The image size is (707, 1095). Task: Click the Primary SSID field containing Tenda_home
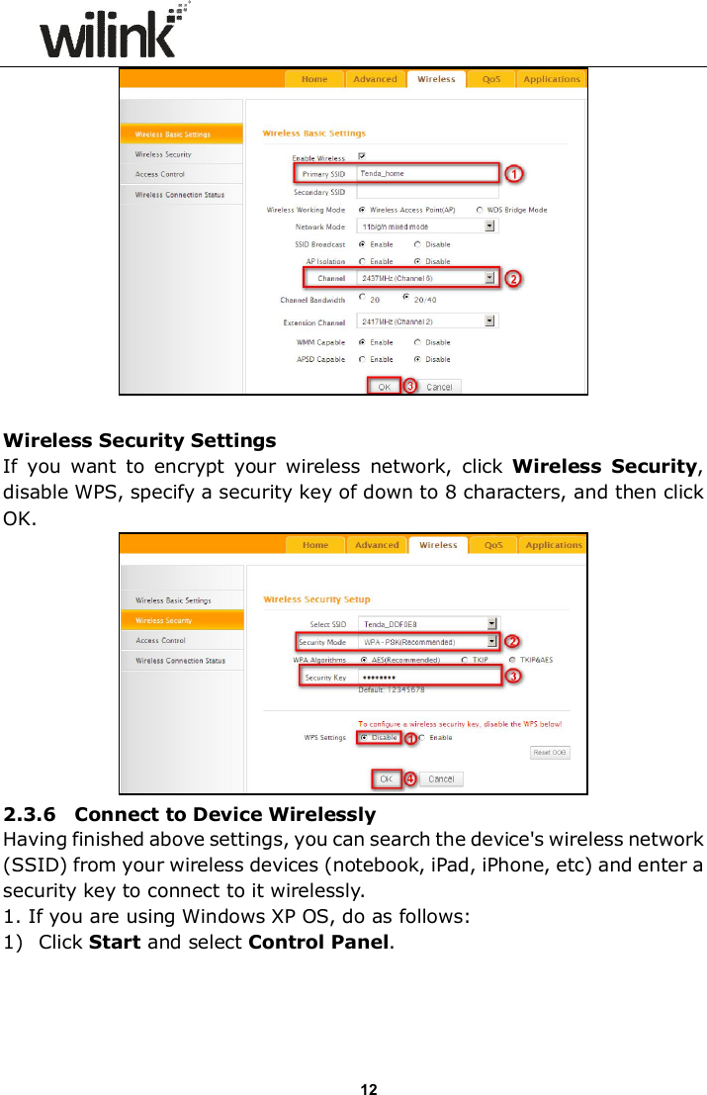click(x=426, y=174)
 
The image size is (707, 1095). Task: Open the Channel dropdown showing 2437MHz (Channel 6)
click(x=426, y=279)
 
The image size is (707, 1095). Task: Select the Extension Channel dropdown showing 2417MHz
click(x=426, y=321)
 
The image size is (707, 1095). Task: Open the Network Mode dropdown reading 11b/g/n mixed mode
click(x=426, y=227)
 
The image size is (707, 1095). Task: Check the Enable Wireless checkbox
click(x=362, y=156)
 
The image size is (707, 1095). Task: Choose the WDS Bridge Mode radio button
click(x=481, y=210)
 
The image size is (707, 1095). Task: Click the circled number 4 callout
click(x=410, y=779)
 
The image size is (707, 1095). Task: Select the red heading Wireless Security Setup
click(x=316, y=599)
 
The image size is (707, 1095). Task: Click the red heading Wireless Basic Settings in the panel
click(x=313, y=134)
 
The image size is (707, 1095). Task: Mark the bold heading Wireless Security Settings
click(x=140, y=440)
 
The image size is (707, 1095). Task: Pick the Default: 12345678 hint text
click(x=392, y=689)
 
